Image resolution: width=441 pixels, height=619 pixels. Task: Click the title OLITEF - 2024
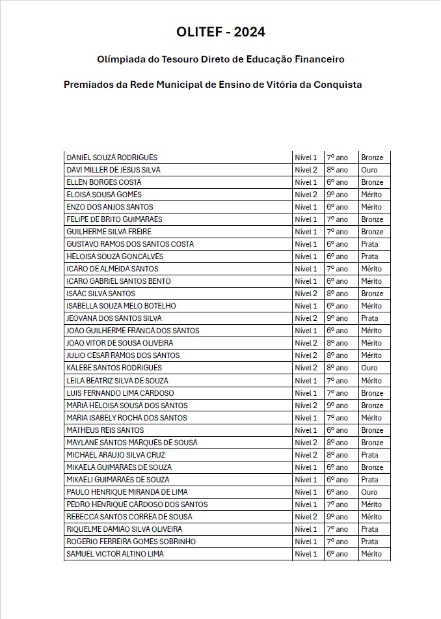click(220, 33)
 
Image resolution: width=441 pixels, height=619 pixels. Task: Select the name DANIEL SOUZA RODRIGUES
click(112, 158)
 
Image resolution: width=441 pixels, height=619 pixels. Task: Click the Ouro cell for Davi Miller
click(369, 170)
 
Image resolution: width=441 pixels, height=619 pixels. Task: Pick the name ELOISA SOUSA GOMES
click(104, 195)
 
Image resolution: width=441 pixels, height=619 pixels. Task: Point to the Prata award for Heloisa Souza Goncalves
click(369, 256)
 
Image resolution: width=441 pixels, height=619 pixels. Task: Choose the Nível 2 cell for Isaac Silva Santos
click(306, 294)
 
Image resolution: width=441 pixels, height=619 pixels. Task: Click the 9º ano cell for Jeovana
click(337, 318)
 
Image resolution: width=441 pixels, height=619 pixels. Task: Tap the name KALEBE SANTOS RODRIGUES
click(114, 368)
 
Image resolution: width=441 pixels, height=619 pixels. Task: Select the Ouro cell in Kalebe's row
click(369, 368)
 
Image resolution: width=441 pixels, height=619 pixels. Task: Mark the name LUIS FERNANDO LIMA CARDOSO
click(120, 393)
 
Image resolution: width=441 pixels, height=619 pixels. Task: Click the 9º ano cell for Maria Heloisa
click(337, 406)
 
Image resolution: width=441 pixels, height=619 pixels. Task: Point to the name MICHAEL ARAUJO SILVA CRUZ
click(116, 455)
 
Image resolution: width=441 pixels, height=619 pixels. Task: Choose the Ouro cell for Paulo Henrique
click(369, 492)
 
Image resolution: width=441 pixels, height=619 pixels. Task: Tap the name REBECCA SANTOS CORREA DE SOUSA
click(129, 517)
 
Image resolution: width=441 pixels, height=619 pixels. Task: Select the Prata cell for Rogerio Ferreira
click(369, 542)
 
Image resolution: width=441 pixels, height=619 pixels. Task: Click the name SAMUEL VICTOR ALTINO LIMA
click(115, 554)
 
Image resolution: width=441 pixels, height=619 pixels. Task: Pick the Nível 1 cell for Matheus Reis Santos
click(306, 430)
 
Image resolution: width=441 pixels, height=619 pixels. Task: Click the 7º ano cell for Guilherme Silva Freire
click(337, 232)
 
